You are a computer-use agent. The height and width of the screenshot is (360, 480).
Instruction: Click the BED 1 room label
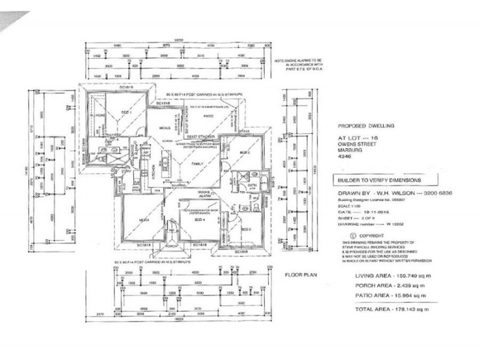[127, 112]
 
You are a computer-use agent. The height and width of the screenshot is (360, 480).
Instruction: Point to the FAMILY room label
[196, 163]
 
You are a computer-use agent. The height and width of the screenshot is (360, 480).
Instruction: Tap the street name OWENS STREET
[352, 146]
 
